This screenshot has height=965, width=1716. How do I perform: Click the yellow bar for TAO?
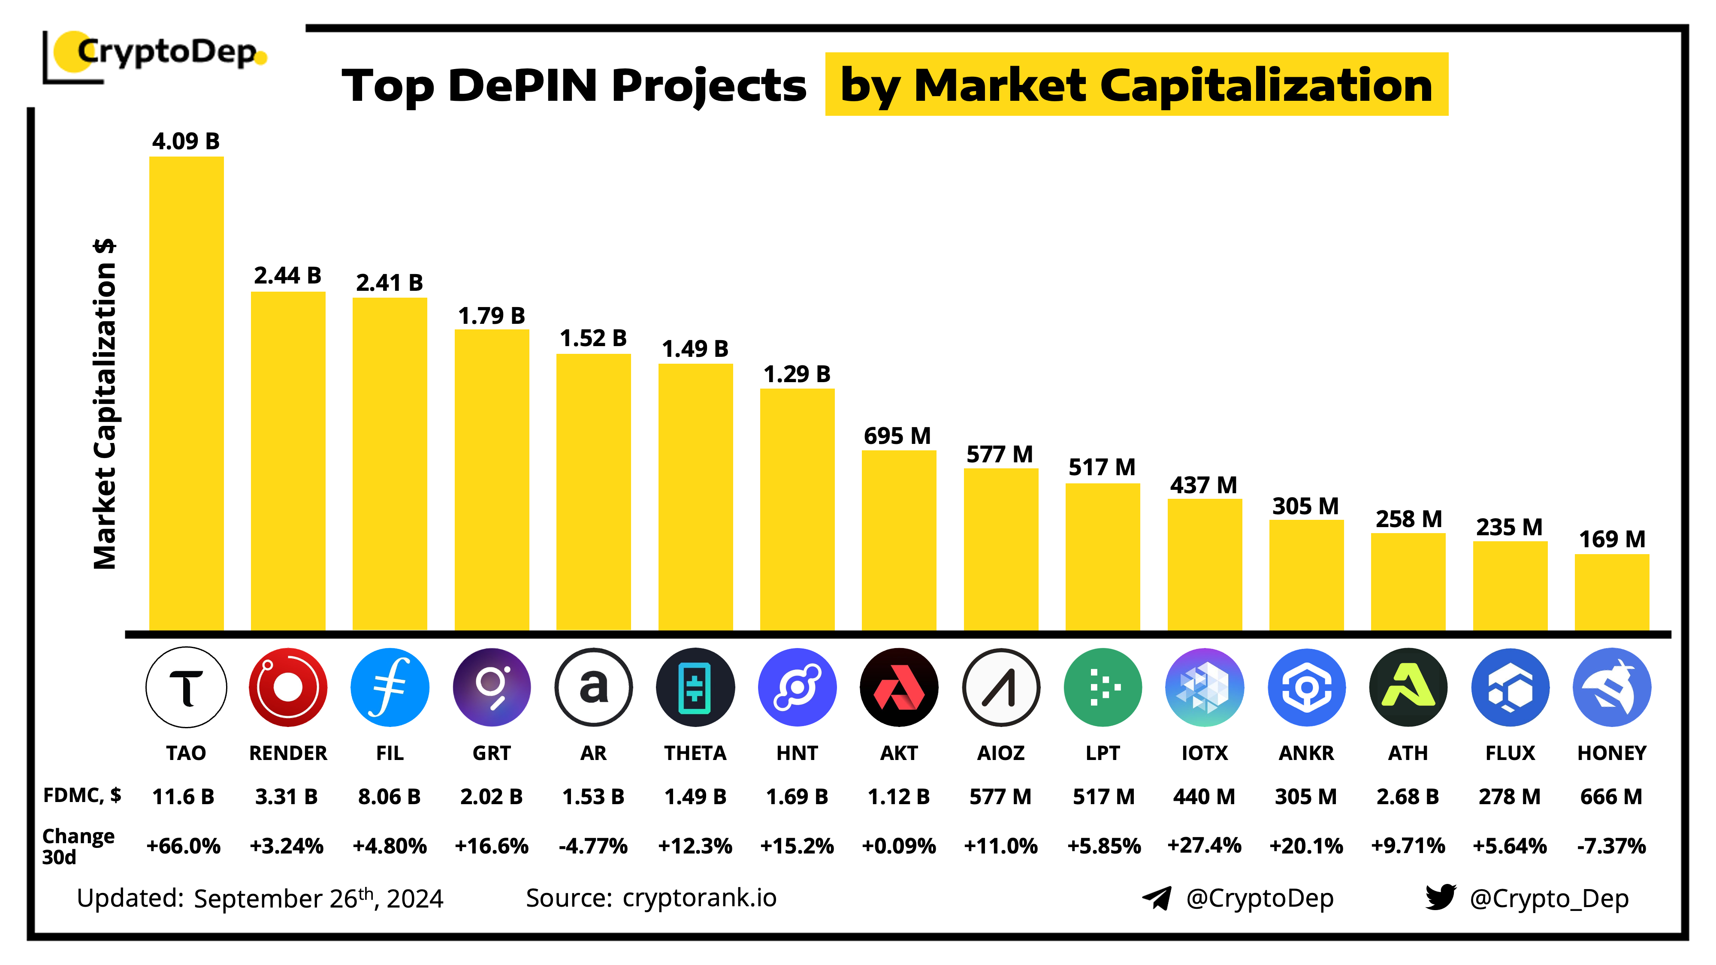click(x=186, y=393)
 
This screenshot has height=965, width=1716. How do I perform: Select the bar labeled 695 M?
click(x=899, y=540)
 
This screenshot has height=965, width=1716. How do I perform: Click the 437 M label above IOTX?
click(x=1204, y=485)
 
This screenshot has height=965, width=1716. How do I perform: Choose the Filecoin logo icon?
click(x=390, y=687)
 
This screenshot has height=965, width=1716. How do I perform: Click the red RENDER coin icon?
click(x=288, y=687)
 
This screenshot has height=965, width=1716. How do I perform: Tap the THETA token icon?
click(x=695, y=687)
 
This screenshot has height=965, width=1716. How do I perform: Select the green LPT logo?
click(x=1103, y=687)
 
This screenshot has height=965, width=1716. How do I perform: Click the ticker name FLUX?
click(x=1510, y=753)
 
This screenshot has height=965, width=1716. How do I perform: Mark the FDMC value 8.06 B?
click(x=390, y=796)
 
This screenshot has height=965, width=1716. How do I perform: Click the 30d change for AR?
click(x=593, y=846)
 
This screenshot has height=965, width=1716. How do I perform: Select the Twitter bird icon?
click(x=1440, y=897)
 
